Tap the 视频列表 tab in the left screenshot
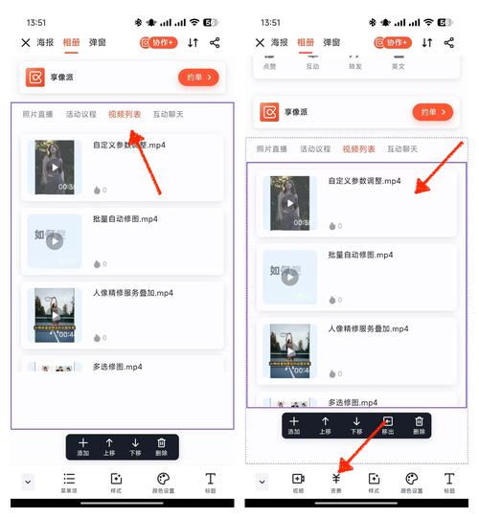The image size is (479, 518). pos(125,114)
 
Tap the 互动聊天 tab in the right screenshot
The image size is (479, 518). pos(401,149)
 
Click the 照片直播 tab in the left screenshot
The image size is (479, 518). pos(39,114)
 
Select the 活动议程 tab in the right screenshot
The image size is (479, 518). pos(315,149)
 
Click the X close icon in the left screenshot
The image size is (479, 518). pos(26,43)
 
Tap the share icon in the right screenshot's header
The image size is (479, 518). pos(449,43)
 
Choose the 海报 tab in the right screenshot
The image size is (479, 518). pos(279,43)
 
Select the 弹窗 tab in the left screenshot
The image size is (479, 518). pos(97,43)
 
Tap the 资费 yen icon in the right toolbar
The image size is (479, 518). pos(336,482)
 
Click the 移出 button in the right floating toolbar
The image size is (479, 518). pos(388,426)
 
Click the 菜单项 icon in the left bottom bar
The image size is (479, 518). pos(69,482)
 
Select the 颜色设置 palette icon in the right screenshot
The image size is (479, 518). pos(412,482)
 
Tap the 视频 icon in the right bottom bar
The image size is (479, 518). pos(298,482)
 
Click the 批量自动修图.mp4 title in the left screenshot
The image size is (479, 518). pos(125,219)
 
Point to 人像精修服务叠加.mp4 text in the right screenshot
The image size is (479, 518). pos(368,328)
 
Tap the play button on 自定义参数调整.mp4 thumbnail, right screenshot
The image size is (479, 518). pos(290,203)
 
